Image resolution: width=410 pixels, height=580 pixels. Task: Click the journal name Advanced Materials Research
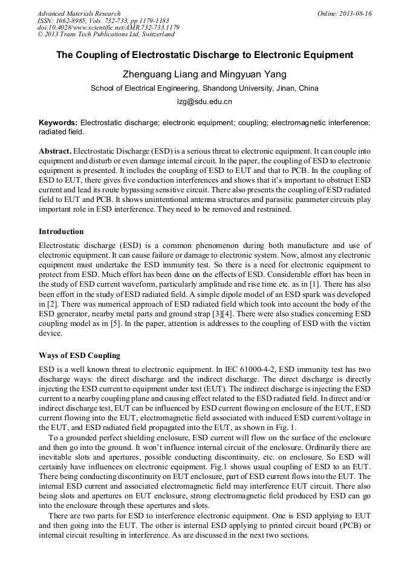click(x=79, y=13)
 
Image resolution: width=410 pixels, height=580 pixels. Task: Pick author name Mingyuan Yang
click(x=250, y=74)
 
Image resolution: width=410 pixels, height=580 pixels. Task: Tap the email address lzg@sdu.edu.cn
click(x=204, y=102)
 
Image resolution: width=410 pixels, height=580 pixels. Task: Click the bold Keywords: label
click(x=58, y=122)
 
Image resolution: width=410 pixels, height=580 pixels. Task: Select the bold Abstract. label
click(x=55, y=150)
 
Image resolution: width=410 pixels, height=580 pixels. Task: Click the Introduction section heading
click(x=61, y=232)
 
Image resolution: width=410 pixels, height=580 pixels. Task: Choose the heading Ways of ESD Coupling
click(x=79, y=355)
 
